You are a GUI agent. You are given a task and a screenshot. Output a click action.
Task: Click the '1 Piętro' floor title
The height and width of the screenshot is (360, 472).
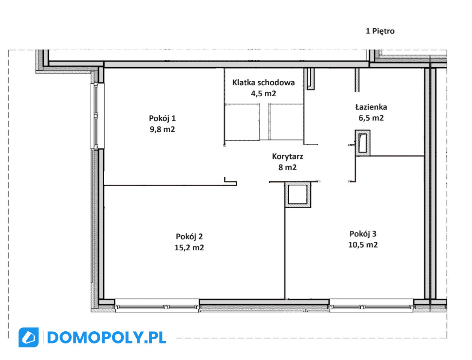380,31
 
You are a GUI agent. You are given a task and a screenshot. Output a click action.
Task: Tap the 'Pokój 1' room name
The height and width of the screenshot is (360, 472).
162,118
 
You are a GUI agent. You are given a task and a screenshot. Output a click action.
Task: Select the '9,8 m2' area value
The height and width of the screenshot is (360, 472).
162,129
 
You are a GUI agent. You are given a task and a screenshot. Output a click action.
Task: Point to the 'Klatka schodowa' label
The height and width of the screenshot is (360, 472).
264,83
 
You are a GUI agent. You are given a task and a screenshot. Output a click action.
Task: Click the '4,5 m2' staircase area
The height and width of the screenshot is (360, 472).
264,94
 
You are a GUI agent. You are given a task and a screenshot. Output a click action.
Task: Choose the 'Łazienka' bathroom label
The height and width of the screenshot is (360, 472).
371,107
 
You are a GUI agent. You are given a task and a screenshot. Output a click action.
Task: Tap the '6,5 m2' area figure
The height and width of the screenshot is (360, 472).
371,118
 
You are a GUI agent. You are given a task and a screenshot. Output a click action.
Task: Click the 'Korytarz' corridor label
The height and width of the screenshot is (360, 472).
287,156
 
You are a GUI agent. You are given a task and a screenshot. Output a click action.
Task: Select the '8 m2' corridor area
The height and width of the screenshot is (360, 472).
287,167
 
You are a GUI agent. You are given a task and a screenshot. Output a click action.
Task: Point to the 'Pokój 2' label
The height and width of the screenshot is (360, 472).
189,237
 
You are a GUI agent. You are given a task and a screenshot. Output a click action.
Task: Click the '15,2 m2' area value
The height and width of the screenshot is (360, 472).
189,248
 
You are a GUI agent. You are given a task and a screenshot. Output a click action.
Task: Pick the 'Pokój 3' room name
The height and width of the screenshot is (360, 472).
363,234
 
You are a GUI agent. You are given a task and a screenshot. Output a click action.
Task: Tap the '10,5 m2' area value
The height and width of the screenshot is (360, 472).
363,245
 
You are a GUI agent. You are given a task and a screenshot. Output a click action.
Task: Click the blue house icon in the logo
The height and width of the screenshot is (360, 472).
29,338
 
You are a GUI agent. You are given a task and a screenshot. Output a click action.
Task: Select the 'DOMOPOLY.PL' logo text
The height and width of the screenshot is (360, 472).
107,338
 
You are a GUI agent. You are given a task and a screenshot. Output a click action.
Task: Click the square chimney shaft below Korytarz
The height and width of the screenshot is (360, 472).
298,195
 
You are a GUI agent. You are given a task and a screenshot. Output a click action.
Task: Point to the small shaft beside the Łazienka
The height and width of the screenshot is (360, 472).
363,143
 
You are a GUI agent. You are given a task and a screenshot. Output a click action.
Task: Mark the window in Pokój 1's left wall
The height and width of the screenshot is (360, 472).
97,116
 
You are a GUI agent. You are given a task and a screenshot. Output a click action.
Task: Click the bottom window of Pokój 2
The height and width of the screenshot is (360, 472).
157,307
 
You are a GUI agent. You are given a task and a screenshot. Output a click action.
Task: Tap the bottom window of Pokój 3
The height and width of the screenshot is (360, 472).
371,307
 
